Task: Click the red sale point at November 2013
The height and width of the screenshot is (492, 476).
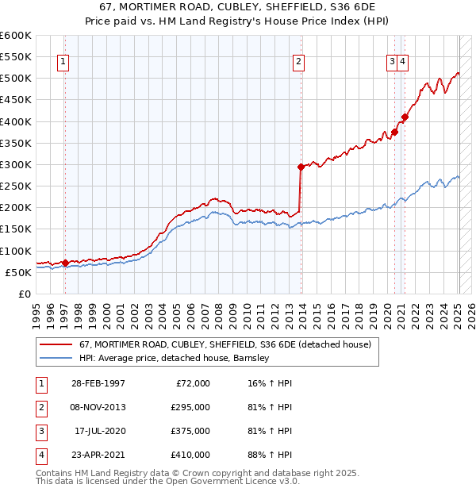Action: [301, 167]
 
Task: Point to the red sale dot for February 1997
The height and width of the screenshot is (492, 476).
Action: [65, 263]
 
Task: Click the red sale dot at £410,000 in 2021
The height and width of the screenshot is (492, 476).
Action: [405, 117]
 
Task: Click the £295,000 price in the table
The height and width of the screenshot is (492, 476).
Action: [191, 407]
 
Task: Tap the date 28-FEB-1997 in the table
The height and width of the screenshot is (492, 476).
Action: [96, 383]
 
